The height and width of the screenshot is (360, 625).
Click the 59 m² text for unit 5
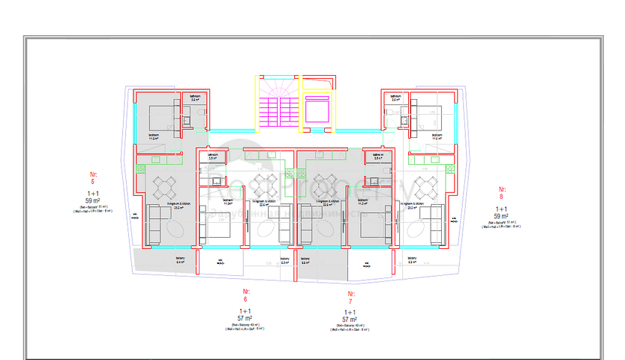(92, 200)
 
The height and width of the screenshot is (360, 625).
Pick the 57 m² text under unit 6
(245, 317)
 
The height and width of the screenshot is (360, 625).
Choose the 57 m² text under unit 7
(349, 319)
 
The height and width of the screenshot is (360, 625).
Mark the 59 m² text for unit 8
(501, 215)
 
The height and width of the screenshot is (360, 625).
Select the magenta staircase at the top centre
(278, 107)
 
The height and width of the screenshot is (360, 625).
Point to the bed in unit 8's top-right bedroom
(427, 118)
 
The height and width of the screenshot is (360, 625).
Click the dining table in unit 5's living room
(165, 185)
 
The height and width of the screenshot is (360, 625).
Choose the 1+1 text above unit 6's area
(245, 310)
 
